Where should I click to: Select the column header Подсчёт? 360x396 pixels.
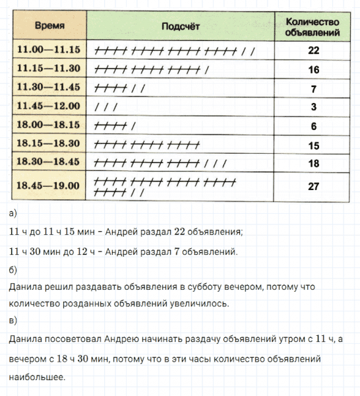pos(180,26)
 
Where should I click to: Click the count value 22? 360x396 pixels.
pos(313,50)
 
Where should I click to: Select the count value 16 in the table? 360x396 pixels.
pos(313,69)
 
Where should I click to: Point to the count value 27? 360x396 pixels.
pos(313,186)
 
